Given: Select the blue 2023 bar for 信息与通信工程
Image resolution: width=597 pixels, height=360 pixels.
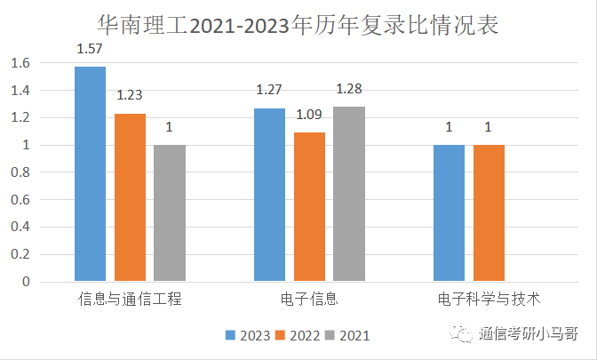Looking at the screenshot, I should pos(90,174).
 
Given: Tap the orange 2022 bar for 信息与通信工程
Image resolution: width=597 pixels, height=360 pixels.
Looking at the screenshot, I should pos(130,197).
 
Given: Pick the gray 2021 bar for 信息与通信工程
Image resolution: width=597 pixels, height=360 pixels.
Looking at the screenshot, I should pos(170,213).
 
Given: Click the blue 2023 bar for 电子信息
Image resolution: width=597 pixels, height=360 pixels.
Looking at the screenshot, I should pos(270,195).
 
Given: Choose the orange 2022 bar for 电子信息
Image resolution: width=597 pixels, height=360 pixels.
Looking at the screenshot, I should pos(309,207).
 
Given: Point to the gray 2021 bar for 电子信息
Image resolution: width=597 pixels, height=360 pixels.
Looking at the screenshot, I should pos(349,194).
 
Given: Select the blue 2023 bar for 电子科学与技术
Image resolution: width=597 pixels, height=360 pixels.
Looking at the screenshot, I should pos(449,213).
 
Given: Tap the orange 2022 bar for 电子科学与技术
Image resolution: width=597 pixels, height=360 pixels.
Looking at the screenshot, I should pos(489,213).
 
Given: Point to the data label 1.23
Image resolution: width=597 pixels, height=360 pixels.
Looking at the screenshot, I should pos(130,94).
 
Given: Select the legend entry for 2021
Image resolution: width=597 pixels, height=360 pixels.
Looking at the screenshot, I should pos(346,335).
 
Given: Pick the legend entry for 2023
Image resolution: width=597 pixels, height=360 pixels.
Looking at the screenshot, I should pos(248,335).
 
